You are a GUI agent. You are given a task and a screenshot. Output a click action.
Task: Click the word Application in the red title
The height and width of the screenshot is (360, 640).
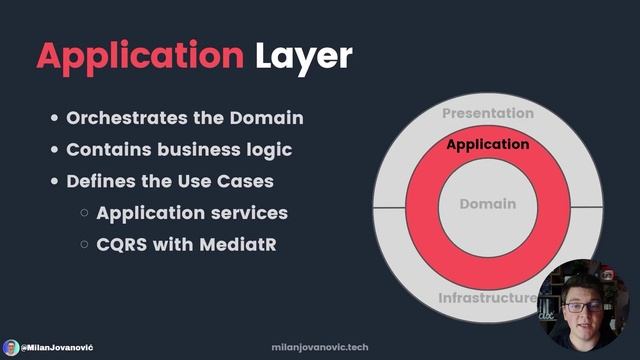139,57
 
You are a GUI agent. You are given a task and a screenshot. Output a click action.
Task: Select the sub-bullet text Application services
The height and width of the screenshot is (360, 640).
192,213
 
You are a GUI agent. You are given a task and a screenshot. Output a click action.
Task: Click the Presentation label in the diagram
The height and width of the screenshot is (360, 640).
488,114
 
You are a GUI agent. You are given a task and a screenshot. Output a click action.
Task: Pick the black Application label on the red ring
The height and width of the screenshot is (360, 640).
488,145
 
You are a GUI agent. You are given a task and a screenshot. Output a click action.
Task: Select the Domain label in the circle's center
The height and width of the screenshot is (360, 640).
488,204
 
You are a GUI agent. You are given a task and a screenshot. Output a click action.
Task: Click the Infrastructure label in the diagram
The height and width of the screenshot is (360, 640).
487,298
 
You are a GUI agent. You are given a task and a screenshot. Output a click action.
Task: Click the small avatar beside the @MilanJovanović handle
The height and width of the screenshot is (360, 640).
11,346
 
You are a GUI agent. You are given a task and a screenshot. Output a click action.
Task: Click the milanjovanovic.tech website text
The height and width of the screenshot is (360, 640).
320,346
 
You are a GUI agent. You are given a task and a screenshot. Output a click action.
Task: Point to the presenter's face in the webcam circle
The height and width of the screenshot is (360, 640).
579,300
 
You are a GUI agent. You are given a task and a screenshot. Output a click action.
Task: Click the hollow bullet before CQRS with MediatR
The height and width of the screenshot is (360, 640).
86,244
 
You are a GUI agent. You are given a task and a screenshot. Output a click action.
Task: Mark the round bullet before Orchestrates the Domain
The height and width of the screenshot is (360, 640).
55,118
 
